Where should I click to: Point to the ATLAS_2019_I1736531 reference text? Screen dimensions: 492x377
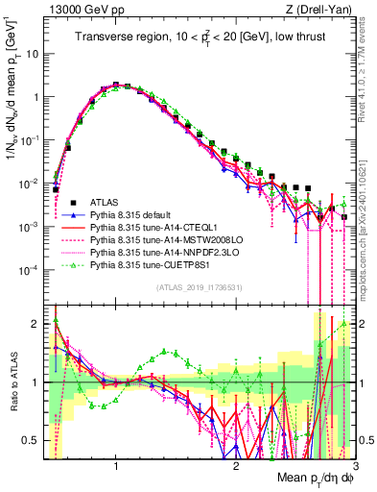(199, 287)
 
